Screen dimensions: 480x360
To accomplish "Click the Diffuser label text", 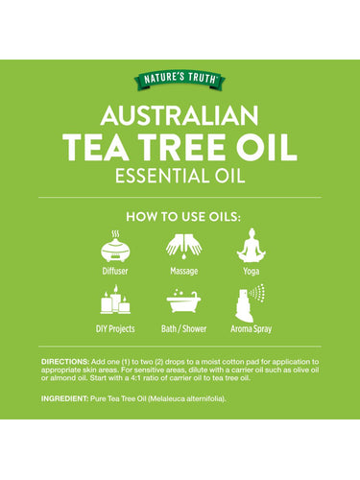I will [x=115, y=273].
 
